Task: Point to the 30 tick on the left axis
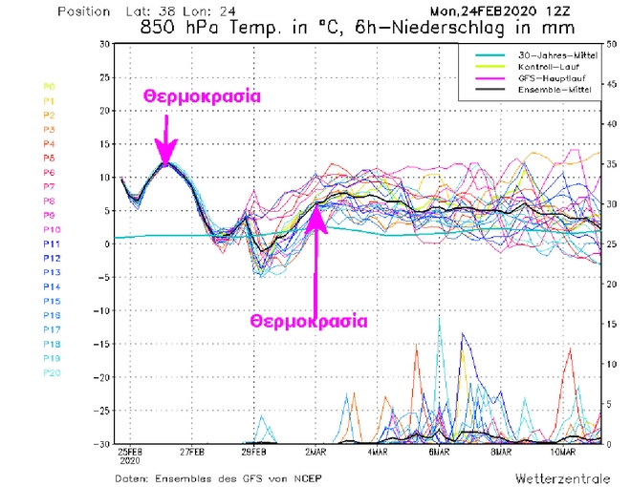[x=103, y=44]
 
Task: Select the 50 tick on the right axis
[x=611, y=44]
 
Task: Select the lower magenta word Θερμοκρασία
[x=309, y=321]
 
